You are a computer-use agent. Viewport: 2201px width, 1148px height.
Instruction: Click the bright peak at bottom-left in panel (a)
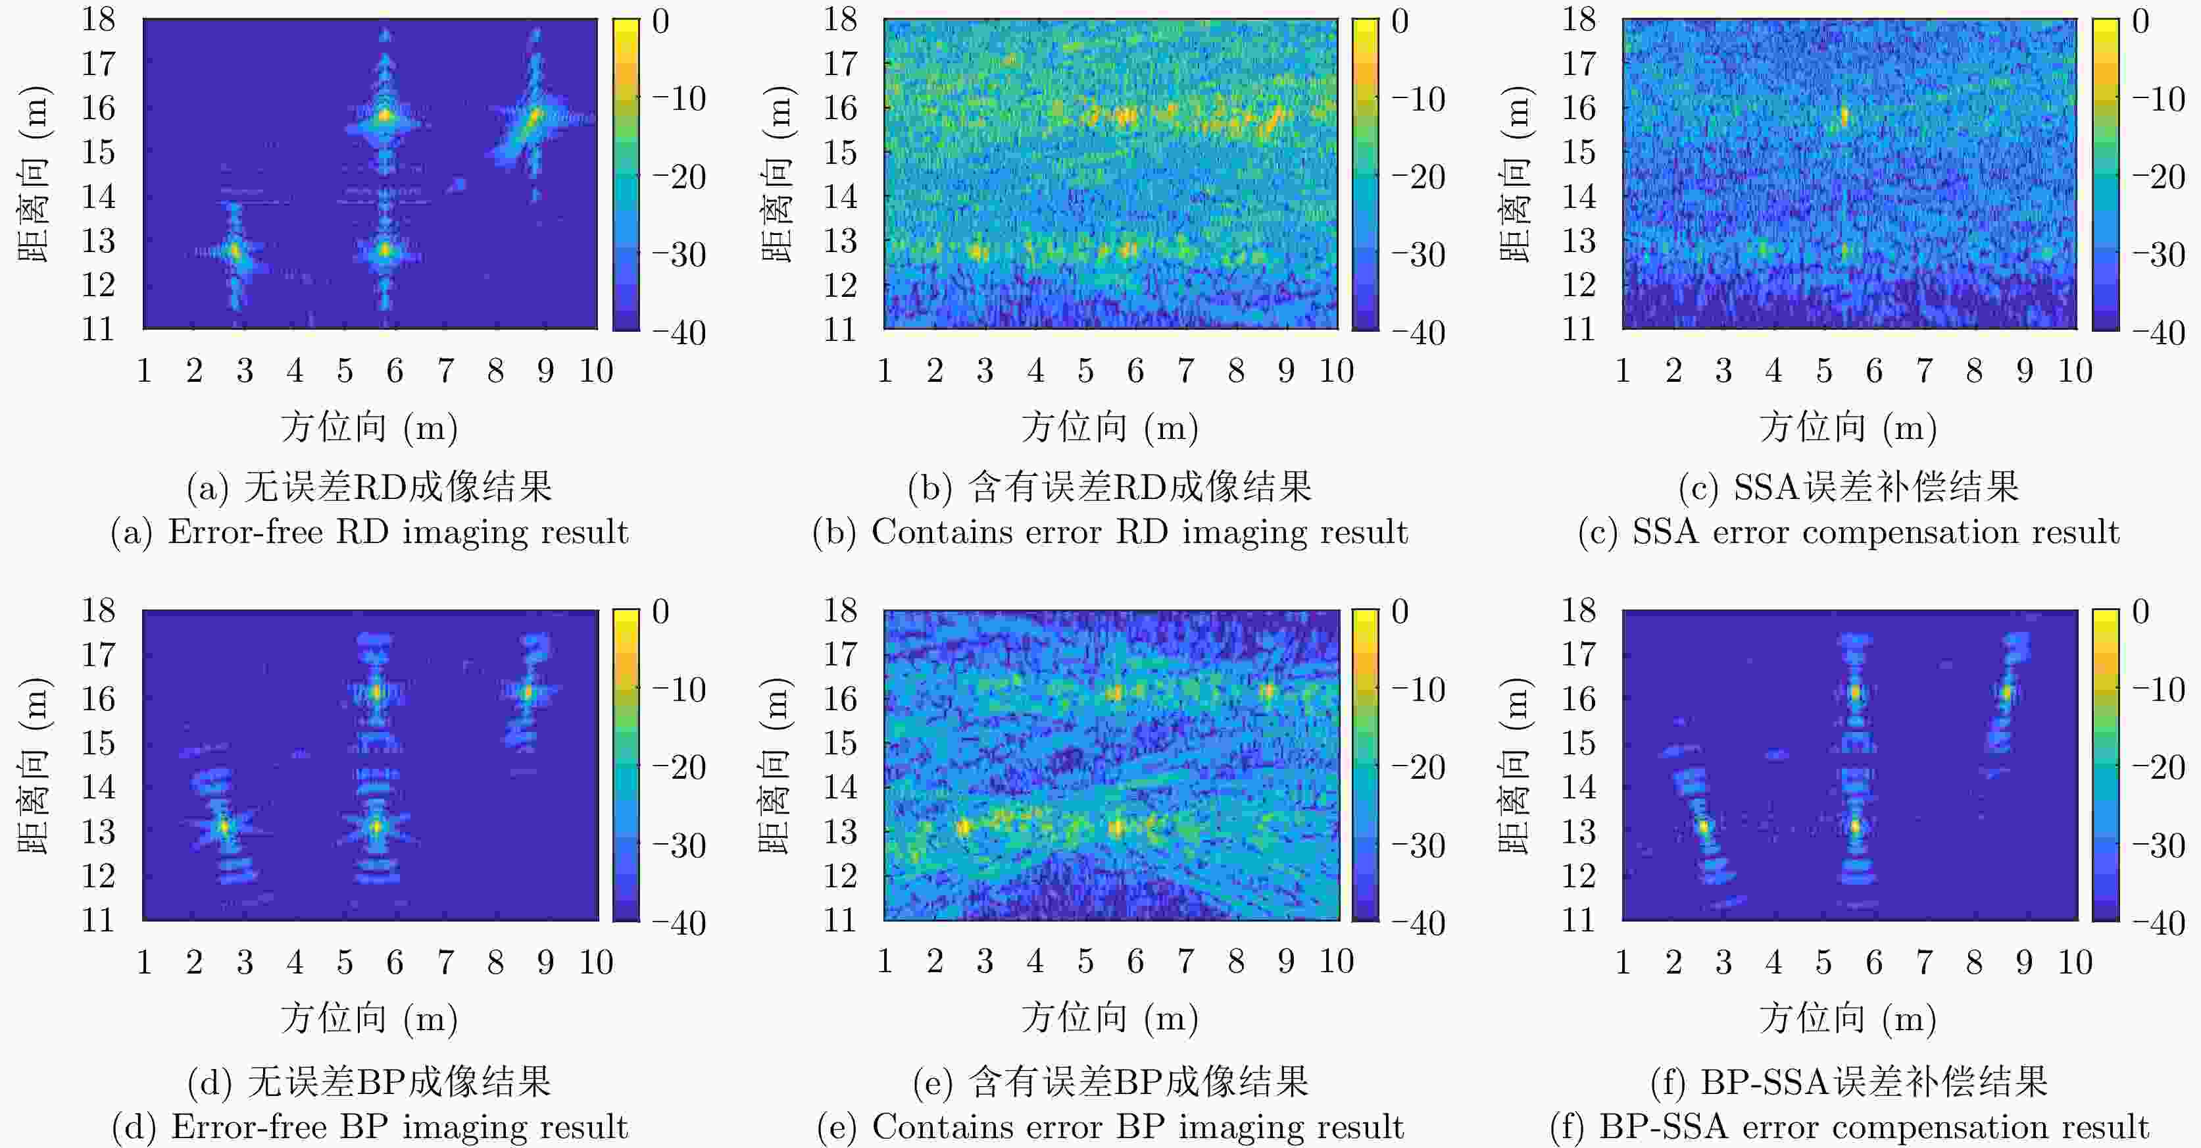coord(235,250)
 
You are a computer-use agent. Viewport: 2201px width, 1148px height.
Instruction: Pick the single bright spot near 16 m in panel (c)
coord(1844,115)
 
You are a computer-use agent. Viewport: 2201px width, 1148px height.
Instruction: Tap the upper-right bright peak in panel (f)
coord(2006,692)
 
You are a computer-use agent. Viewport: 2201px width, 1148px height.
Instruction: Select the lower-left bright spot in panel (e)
coord(964,827)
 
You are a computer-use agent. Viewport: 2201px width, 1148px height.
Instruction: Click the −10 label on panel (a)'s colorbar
coord(680,99)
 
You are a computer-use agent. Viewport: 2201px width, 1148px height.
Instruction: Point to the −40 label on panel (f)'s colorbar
coord(2158,923)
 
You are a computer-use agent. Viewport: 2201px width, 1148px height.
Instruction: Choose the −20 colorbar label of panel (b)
coord(1418,177)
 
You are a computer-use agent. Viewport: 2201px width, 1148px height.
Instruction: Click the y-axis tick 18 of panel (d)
coord(98,610)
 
